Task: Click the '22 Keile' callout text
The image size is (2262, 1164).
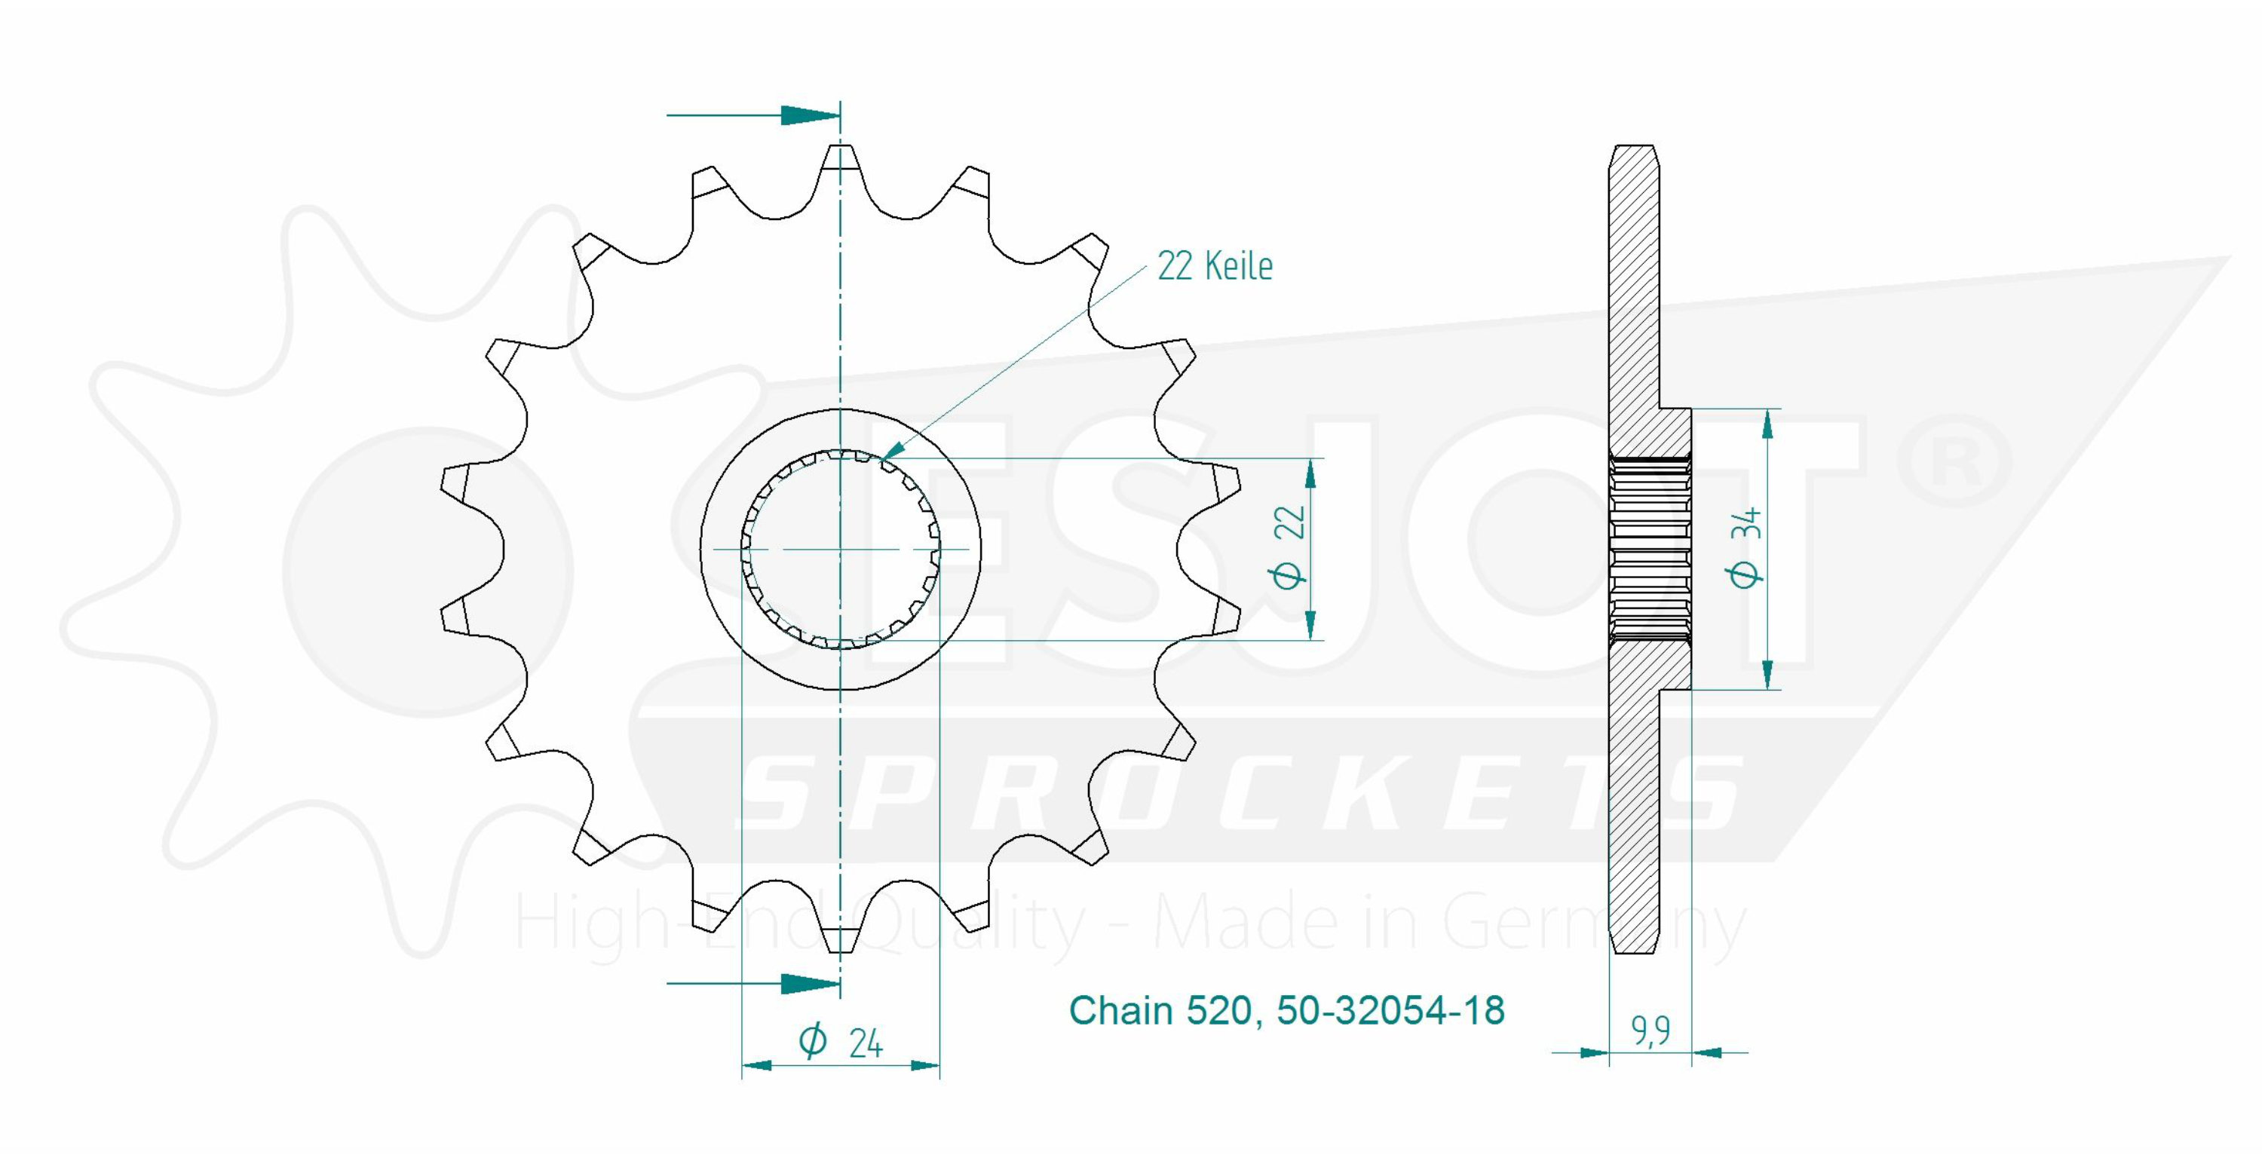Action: point(1215,265)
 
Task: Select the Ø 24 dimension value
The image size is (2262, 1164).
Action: point(841,1041)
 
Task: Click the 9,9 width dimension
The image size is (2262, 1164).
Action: point(1651,1031)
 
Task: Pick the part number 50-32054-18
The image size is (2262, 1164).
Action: point(1391,1010)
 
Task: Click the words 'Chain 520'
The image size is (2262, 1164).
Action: point(1159,1011)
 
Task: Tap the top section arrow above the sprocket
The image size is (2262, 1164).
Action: point(752,115)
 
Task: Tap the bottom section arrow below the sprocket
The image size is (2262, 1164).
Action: point(752,983)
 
